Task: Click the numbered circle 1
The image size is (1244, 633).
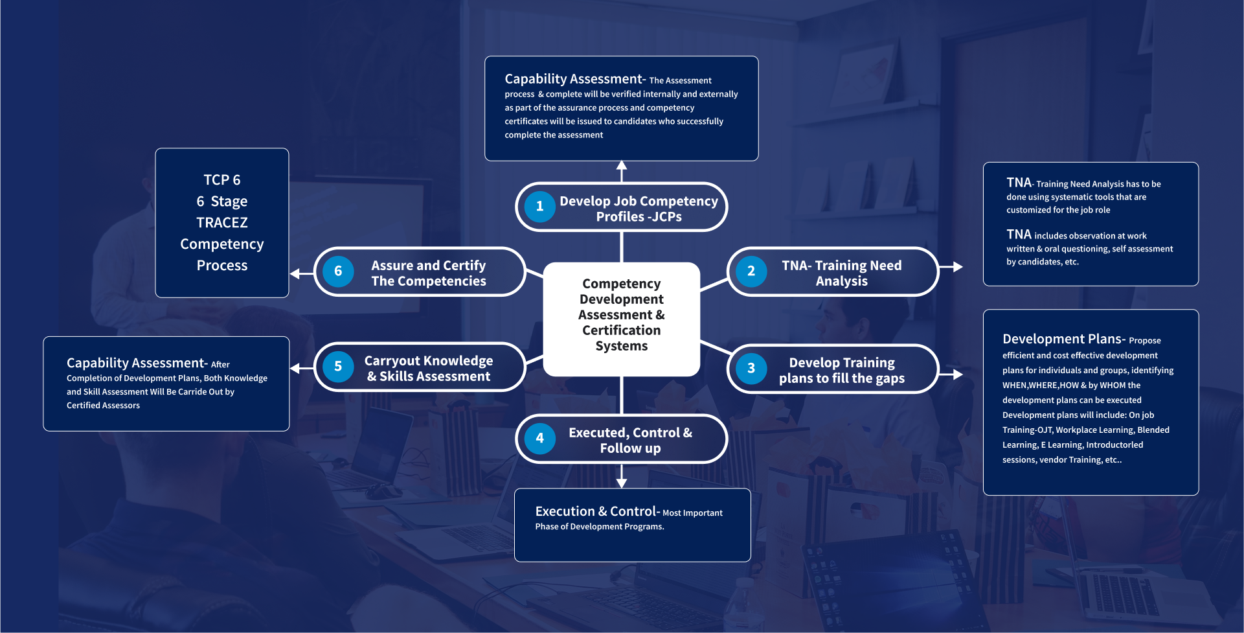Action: point(539,207)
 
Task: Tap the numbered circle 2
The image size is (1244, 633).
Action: point(751,271)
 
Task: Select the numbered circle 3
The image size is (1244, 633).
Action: point(751,369)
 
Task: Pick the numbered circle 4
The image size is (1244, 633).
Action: point(539,439)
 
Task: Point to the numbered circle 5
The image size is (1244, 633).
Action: point(338,367)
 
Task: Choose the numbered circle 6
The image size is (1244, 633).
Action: point(338,271)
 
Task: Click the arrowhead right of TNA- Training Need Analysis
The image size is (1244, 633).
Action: point(957,266)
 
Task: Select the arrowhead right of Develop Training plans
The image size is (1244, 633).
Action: point(957,374)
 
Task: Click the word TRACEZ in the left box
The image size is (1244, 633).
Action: point(222,223)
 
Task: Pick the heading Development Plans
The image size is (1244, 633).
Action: point(1062,339)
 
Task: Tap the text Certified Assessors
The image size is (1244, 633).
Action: point(103,406)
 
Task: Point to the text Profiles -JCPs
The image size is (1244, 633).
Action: point(639,217)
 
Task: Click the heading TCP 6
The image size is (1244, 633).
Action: point(222,180)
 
